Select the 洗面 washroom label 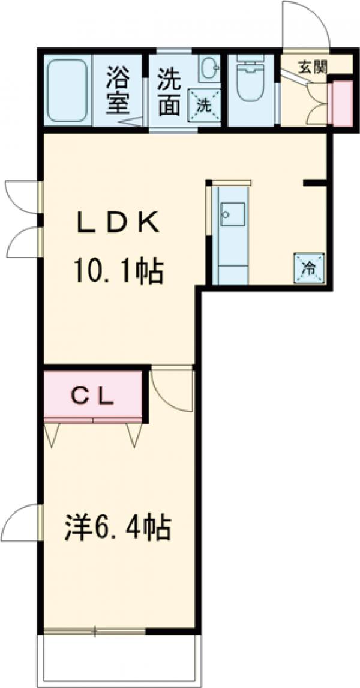(170, 91)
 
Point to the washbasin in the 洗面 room (209, 67)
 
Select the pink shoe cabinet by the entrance (343, 102)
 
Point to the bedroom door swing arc (171, 390)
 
